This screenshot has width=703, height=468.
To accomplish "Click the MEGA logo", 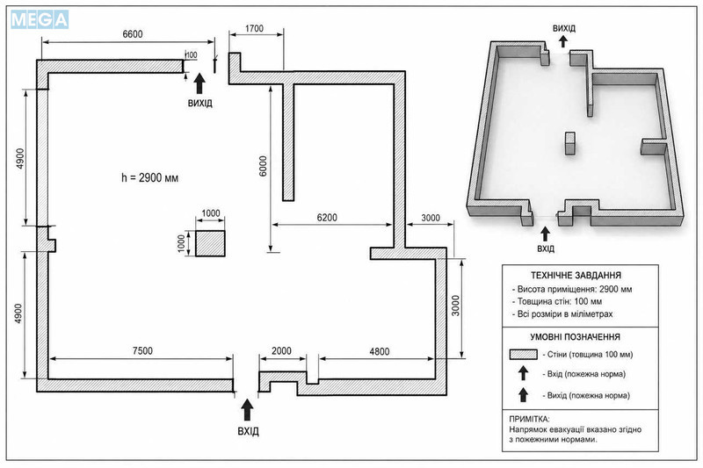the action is coord(40,19).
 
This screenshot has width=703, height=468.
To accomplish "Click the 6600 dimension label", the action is coord(133,34).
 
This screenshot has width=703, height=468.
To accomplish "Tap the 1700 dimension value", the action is coord(254,28).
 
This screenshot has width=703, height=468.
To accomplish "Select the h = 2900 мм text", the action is coord(149,177).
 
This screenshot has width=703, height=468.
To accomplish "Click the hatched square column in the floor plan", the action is coord(210,243).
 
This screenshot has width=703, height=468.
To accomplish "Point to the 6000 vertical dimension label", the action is coord(263,166).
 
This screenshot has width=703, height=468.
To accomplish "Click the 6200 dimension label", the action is coord(327,217).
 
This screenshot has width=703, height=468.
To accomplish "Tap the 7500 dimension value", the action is coord(142,350).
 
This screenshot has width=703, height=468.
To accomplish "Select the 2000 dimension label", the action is coord(281,350).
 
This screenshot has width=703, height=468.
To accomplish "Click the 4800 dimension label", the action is coord(380,351).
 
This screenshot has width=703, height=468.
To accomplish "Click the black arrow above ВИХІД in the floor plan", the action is coord(199,83).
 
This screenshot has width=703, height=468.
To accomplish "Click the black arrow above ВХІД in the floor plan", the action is coord(247,410).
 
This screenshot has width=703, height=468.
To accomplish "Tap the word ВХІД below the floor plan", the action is coord(249,431).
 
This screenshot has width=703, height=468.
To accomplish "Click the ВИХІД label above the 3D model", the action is coord(564,28).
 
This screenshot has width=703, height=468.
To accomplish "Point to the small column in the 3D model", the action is coord(569,143).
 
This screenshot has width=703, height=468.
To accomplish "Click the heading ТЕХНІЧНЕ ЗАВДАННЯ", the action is coord(576,276).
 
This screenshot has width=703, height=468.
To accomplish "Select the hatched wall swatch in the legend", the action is coord(523,354).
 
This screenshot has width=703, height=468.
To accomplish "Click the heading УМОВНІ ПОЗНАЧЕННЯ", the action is coord(576,337).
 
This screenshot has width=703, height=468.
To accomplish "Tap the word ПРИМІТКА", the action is coord(529,419).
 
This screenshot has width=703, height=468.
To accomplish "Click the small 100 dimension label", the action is coord(192,54).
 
